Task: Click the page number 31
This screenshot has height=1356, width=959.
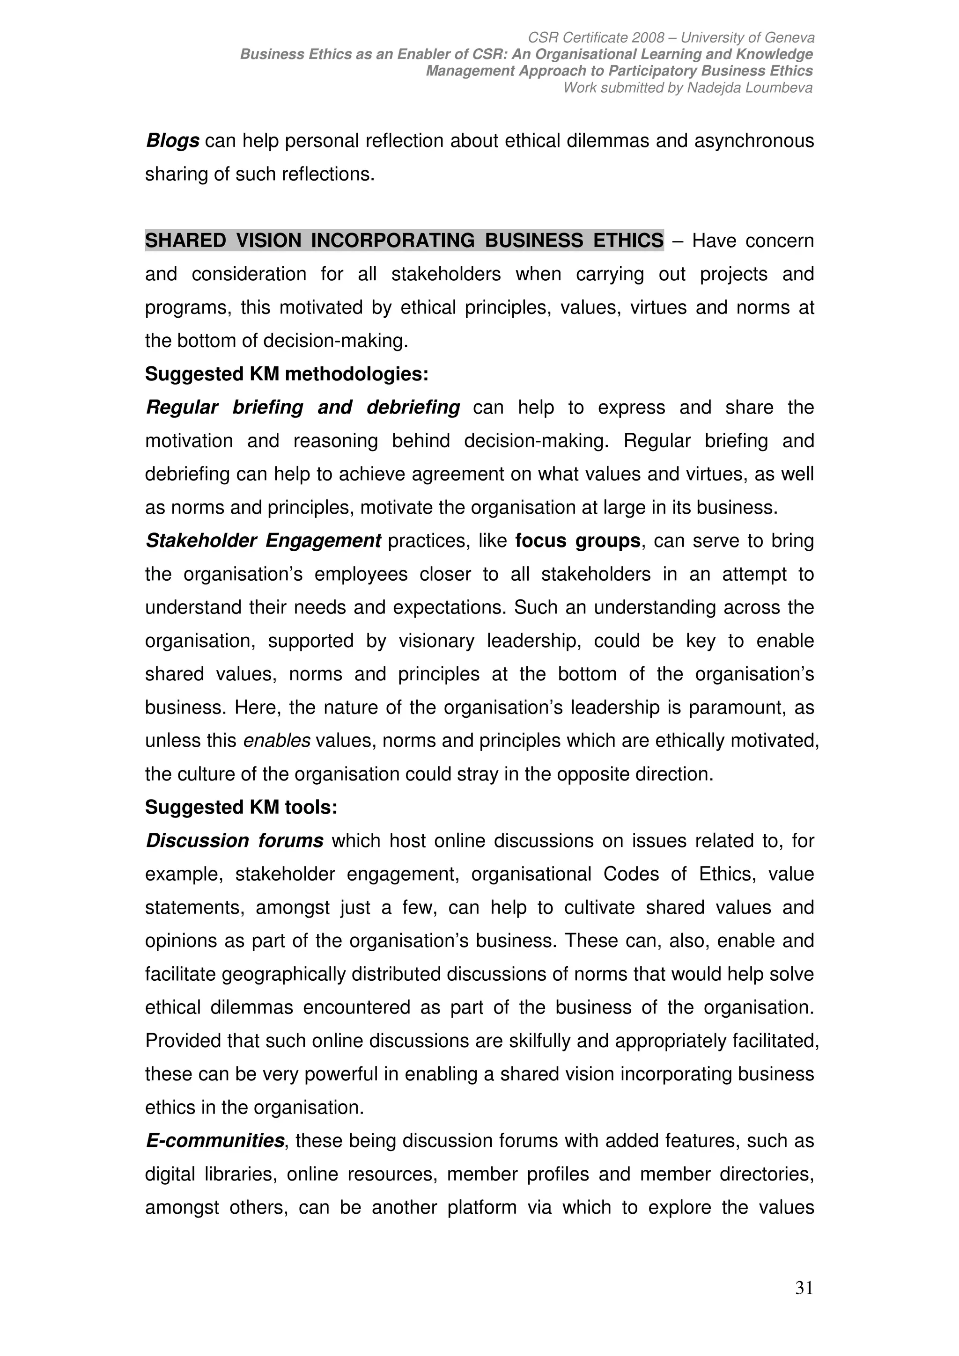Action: tap(804, 1304)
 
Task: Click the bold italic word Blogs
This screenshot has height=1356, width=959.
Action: tap(172, 141)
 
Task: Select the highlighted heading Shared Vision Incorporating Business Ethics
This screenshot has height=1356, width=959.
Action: tap(404, 241)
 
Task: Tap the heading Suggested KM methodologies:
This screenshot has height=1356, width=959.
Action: tap(287, 374)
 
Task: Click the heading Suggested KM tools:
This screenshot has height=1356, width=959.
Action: tap(241, 807)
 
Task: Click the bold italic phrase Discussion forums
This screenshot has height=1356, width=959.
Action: tap(235, 840)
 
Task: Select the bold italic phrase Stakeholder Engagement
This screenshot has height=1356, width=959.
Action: tap(264, 540)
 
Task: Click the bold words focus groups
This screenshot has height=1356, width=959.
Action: tap(577, 540)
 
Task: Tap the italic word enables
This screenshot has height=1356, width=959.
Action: tap(277, 741)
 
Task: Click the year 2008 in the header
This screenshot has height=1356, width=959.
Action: tap(648, 38)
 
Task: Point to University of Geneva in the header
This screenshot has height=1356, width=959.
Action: tap(747, 38)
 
